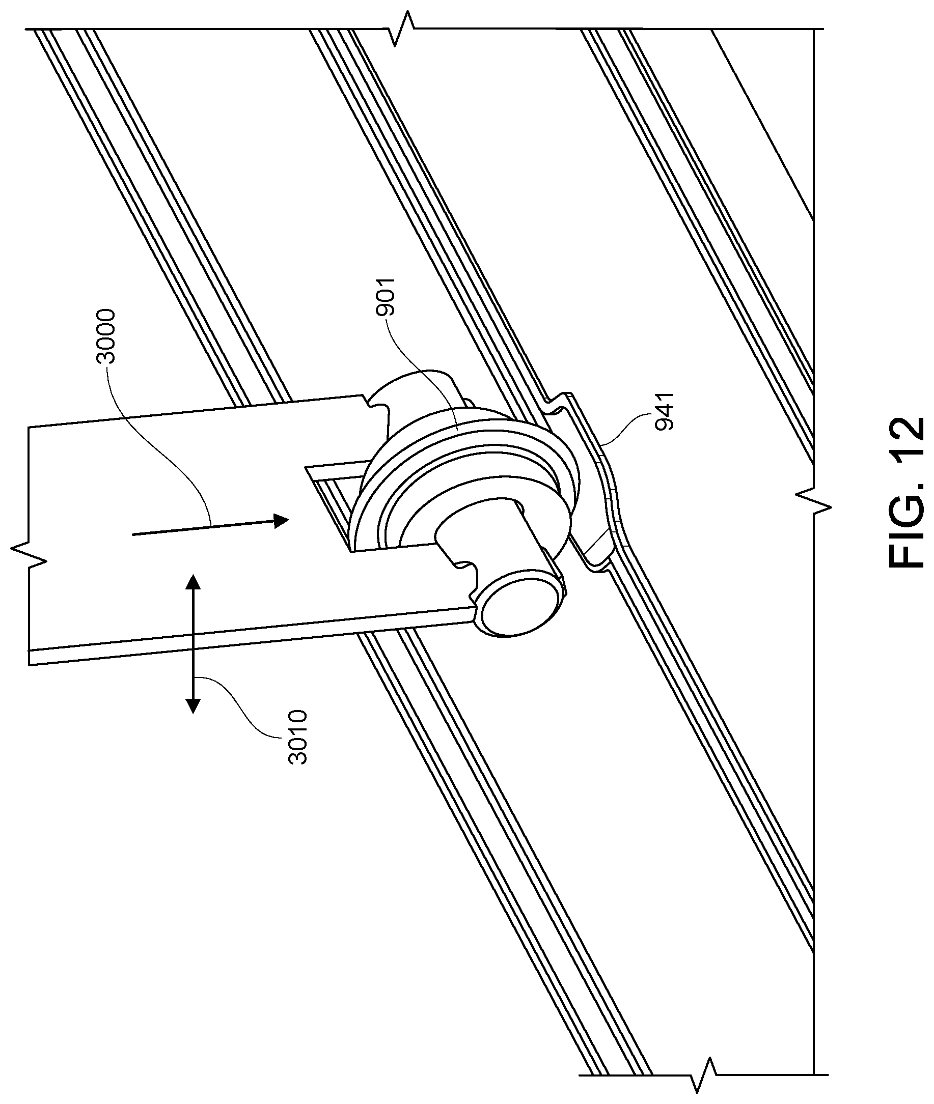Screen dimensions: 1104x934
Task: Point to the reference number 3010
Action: tap(297, 737)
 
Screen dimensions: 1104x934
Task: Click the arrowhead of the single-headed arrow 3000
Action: tap(281, 520)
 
